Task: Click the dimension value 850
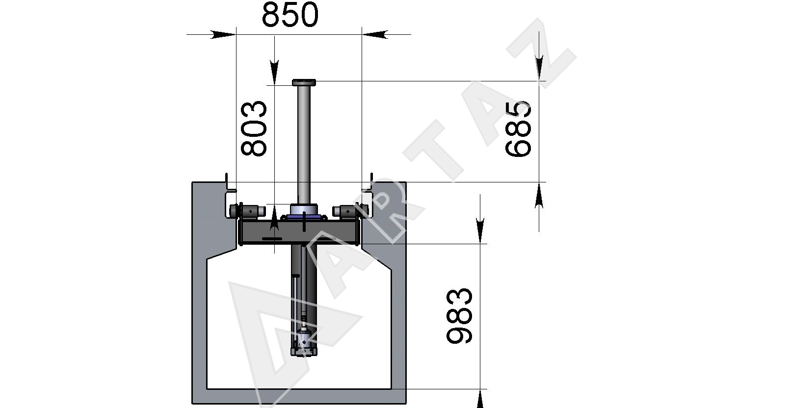coord(290,15)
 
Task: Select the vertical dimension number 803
coord(254,128)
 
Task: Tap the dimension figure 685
coord(518,128)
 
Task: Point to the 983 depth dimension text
coord(459,316)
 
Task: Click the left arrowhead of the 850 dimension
coord(223,34)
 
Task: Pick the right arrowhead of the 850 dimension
coord(375,34)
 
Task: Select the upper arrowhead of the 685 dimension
coord(539,68)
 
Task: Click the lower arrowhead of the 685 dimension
coord(539,195)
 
